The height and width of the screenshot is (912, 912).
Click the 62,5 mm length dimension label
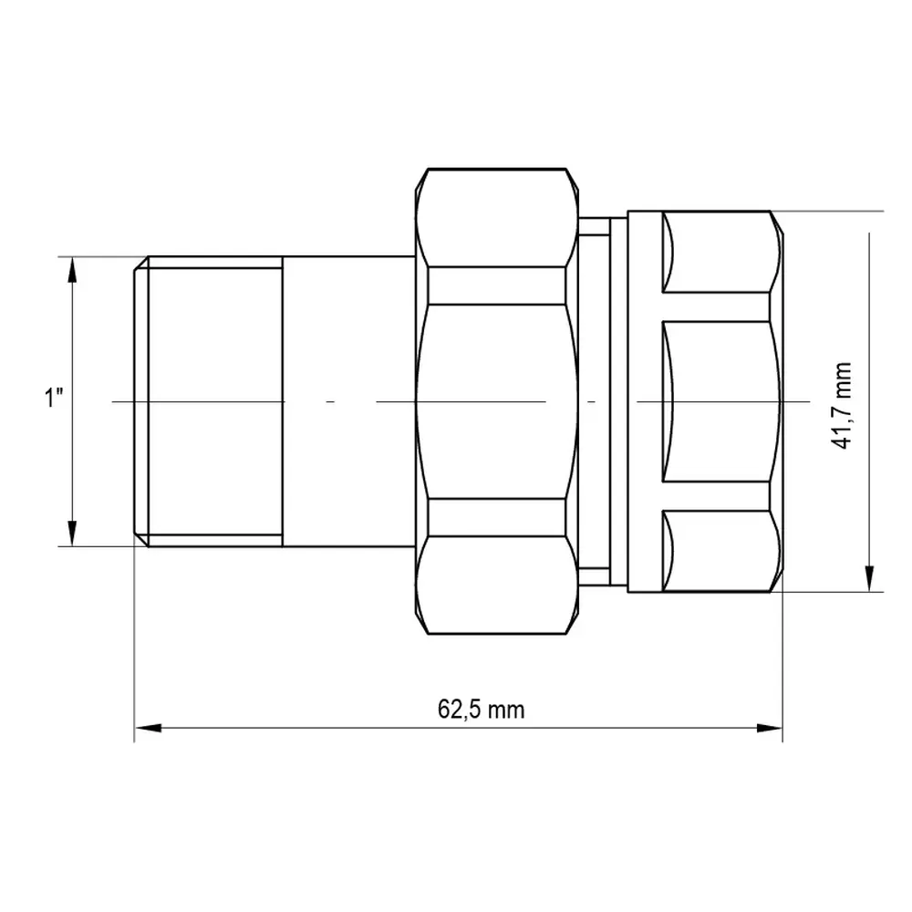pos(481,710)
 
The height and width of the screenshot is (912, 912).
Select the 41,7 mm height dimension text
pos(841,406)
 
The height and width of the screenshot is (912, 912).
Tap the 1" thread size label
pos(54,398)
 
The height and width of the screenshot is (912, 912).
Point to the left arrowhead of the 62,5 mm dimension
pos(148,728)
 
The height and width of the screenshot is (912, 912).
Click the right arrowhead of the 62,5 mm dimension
pos(769,728)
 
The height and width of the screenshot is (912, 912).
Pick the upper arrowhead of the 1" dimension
pos(72,270)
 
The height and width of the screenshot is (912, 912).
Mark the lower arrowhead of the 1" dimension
pos(72,533)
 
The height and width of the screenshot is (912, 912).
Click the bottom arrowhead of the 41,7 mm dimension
pos(869,578)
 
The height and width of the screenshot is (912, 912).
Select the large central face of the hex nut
pos(497,401)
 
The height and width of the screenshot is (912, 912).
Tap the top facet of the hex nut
pos(497,218)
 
